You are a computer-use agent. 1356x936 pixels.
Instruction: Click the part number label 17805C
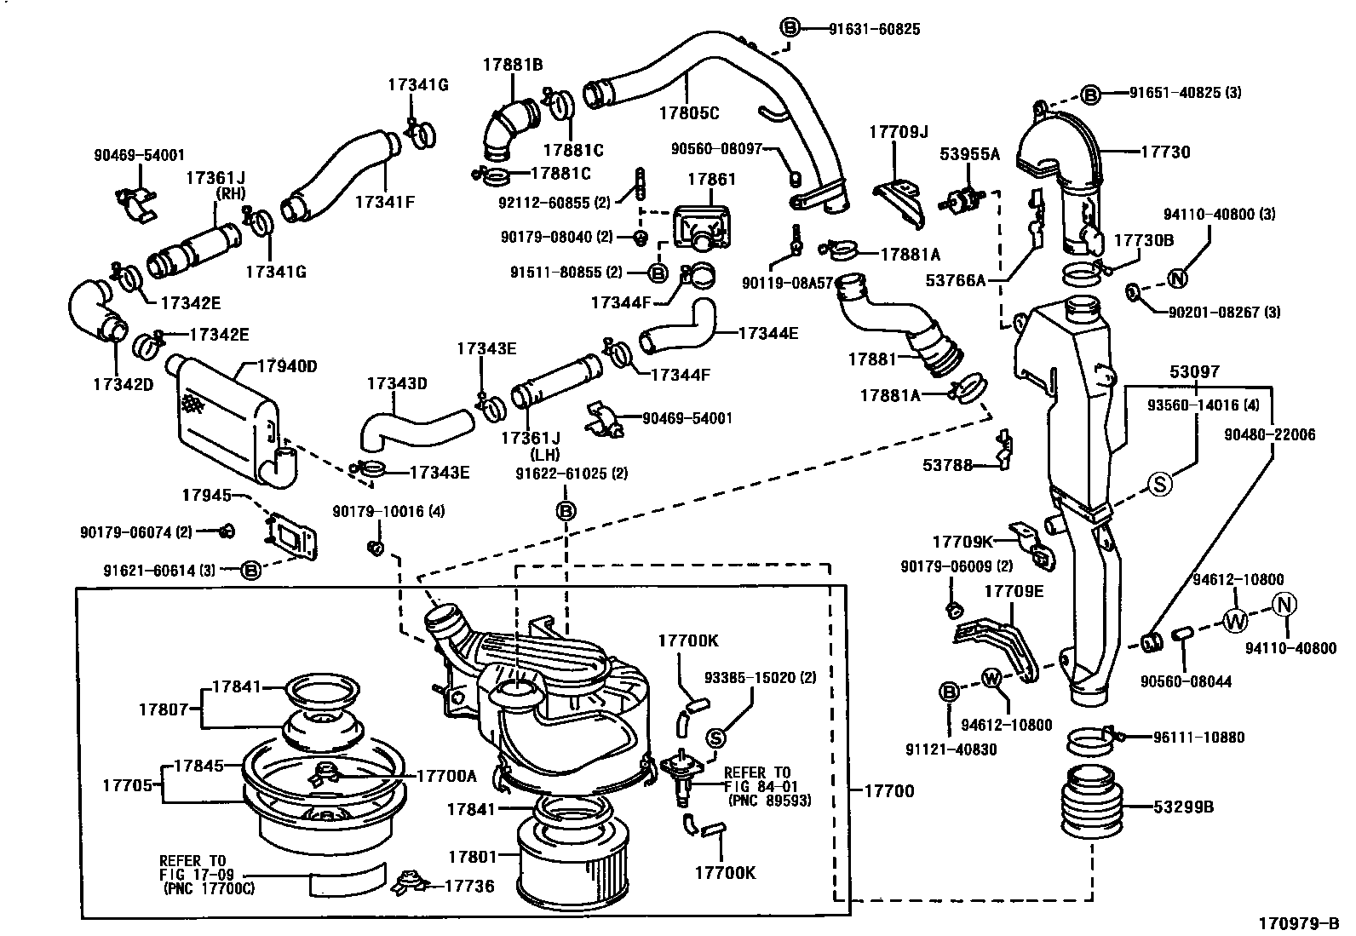tap(690, 112)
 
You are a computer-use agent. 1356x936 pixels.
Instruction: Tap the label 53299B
tap(1183, 807)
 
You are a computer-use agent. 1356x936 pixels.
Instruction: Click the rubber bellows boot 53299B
tap(1090, 803)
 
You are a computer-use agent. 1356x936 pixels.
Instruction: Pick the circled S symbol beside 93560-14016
tap(1160, 483)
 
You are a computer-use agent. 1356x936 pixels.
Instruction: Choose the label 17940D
tap(288, 366)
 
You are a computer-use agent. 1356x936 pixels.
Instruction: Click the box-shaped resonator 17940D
tap(226, 417)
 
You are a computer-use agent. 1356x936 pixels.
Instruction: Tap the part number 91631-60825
tap(875, 29)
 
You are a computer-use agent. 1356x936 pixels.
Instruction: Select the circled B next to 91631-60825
tap(790, 28)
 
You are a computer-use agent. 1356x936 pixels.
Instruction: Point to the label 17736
tap(468, 886)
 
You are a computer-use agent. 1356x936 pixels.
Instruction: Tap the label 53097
tap(1194, 372)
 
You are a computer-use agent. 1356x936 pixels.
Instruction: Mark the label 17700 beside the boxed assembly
tap(889, 790)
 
